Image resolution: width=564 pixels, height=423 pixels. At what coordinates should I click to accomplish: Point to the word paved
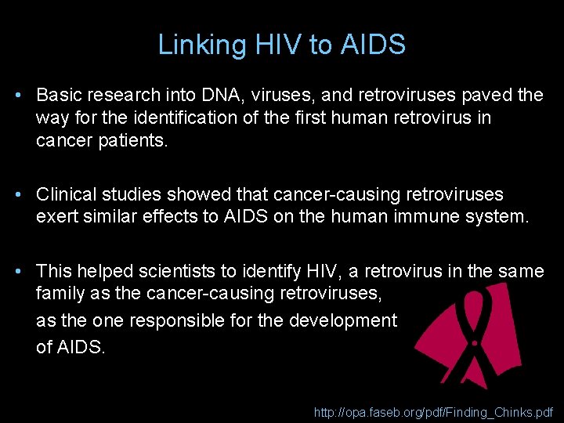pos(490,96)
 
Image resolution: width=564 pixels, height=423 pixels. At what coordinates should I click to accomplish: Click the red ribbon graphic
pos(462,329)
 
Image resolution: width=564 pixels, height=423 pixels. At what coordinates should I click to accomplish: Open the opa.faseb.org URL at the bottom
pos(433,411)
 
